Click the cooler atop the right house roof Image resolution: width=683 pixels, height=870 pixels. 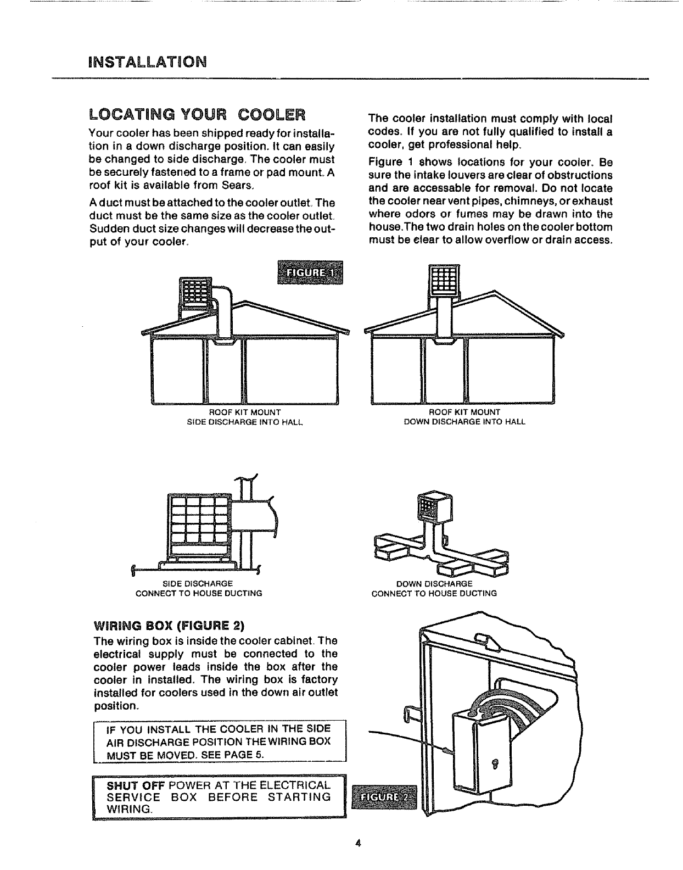(444, 281)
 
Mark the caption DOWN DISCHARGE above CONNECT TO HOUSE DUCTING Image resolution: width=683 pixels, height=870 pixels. (434, 583)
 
